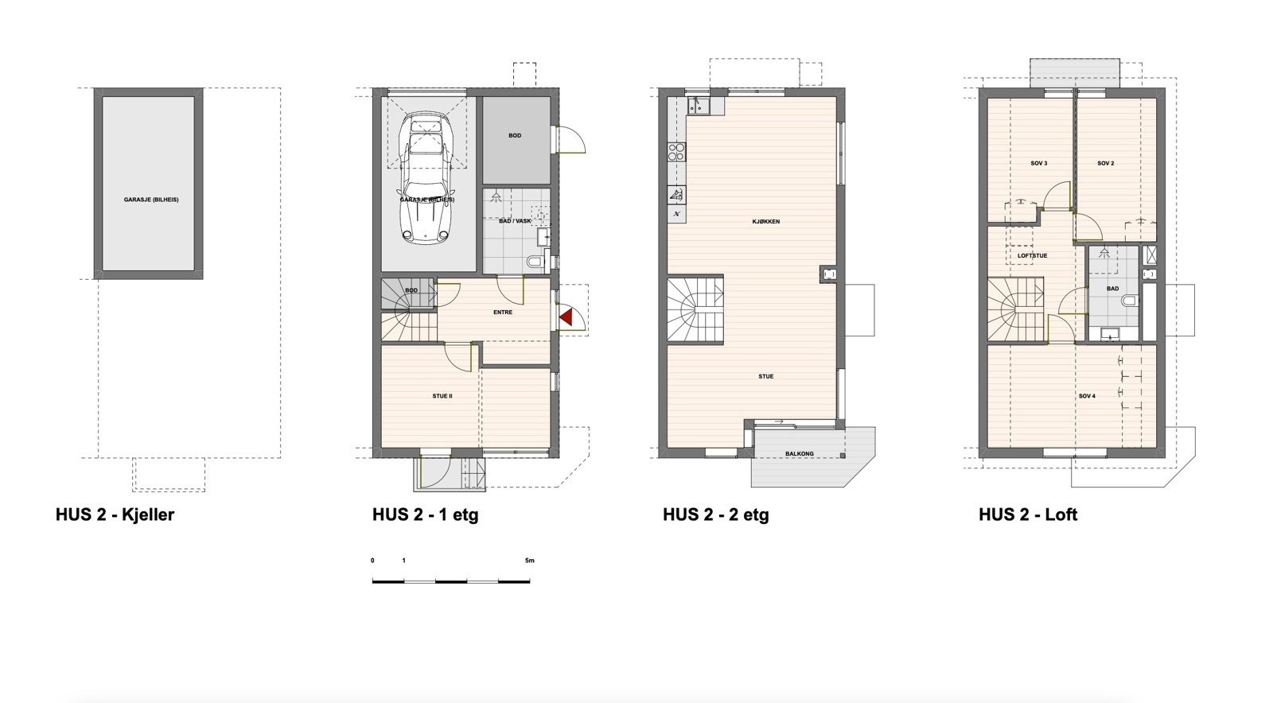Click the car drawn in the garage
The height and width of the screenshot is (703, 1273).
click(x=427, y=177)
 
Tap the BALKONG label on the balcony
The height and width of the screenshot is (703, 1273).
click(x=799, y=454)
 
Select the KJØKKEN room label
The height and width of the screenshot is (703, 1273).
click(x=765, y=222)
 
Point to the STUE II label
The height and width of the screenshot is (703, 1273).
click(x=442, y=395)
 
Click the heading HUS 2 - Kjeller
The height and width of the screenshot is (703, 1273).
click(x=115, y=515)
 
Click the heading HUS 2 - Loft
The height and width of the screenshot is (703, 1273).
click(x=1027, y=515)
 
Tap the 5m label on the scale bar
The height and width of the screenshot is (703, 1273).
click(x=530, y=561)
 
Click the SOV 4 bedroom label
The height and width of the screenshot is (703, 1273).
click(x=1087, y=395)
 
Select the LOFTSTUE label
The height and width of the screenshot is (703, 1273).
click(x=1032, y=256)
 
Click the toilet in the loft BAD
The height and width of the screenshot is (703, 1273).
click(x=1129, y=301)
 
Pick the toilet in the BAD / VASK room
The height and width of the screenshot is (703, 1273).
click(x=535, y=261)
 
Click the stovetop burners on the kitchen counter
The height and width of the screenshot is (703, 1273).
click(x=677, y=151)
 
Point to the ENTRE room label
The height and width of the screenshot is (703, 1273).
click(x=502, y=313)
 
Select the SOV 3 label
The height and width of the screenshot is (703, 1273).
click(x=1038, y=164)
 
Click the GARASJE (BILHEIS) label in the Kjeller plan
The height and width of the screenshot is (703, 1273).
click(x=150, y=200)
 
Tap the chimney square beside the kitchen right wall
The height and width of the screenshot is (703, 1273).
click(x=828, y=274)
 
